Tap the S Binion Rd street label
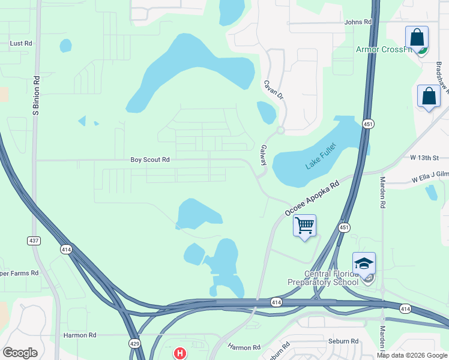click(36, 95)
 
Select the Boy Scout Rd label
click(150, 160)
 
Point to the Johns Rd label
click(358, 22)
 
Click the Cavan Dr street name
click(268, 91)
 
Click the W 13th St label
click(425, 157)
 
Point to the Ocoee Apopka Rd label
click(312, 197)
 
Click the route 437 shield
click(34, 240)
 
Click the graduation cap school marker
click(364, 263)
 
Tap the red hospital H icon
click(179, 354)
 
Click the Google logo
click(20, 353)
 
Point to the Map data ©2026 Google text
click(412, 355)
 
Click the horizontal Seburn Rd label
click(343, 341)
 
